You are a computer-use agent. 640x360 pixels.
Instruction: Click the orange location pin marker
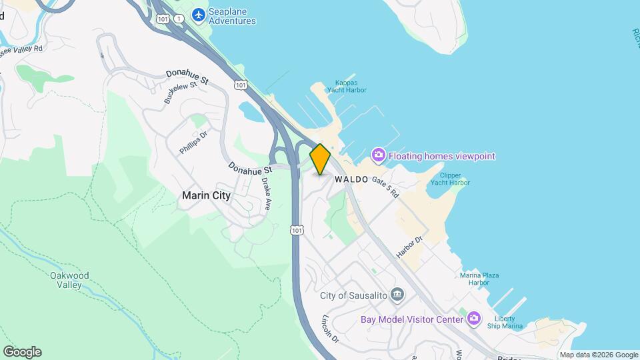click(x=320, y=159)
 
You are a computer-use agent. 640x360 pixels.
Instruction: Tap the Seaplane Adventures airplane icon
click(x=198, y=15)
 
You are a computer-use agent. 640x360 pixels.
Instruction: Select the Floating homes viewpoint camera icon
click(x=378, y=155)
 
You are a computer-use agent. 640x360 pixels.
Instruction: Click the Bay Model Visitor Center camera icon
click(x=473, y=319)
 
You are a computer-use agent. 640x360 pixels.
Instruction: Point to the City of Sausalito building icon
click(x=397, y=295)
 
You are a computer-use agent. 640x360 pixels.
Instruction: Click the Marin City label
click(x=206, y=195)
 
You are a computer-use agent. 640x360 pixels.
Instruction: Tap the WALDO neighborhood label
click(x=351, y=179)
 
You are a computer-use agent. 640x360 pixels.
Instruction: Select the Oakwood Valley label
click(x=69, y=280)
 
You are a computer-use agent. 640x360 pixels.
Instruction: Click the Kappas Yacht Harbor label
click(x=346, y=86)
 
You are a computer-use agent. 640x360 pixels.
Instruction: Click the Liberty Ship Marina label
click(x=509, y=322)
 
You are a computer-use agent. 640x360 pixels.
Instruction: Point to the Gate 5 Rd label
click(x=385, y=187)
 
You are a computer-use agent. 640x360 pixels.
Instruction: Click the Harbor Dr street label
click(x=410, y=247)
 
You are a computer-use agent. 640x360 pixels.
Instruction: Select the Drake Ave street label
click(x=265, y=193)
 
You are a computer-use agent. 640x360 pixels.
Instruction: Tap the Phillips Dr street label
click(x=193, y=143)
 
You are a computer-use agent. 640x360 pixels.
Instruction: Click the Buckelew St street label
click(x=181, y=93)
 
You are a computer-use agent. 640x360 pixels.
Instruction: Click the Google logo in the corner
click(x=22, y=352)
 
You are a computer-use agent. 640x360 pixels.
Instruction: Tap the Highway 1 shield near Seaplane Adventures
click(x=179, y=19)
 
